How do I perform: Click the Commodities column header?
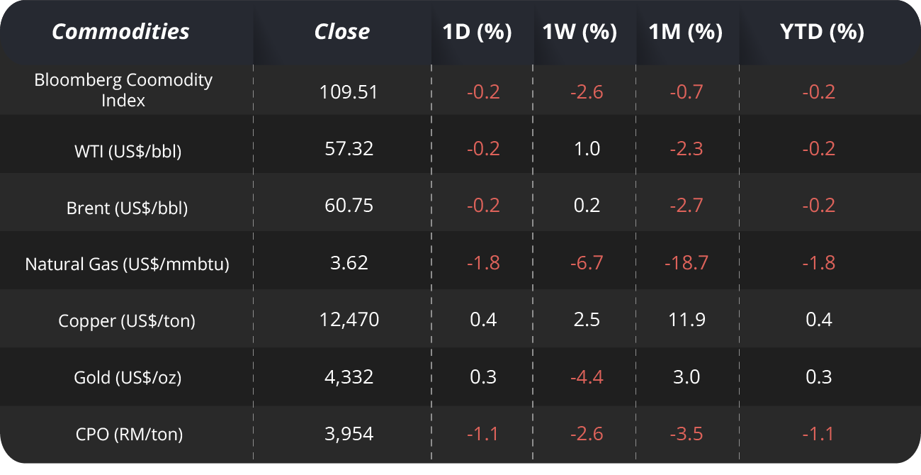[x=120, y=32]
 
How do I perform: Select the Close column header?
[x=342, y=32]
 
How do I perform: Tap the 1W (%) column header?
[x=580, y=32]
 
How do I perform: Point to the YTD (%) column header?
[x=821, y=32]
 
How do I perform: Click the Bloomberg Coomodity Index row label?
[x=123, y=90]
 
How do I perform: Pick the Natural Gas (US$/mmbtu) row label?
[x=128, y=264]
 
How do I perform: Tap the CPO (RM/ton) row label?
[x=128, y=434]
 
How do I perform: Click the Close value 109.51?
[x=349, y=91]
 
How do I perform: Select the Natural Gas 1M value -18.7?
[x=686, y=263]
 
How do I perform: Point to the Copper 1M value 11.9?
[x=686, y=320]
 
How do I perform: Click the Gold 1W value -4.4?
[x=587, y=377]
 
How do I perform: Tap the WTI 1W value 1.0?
[x=587, y=149]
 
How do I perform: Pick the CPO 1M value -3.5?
[x=686, y=434]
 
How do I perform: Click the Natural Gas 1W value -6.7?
[x=587, y=263]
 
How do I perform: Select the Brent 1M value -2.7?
[x=686, y=206]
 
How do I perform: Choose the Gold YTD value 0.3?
[x=819, y=377]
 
